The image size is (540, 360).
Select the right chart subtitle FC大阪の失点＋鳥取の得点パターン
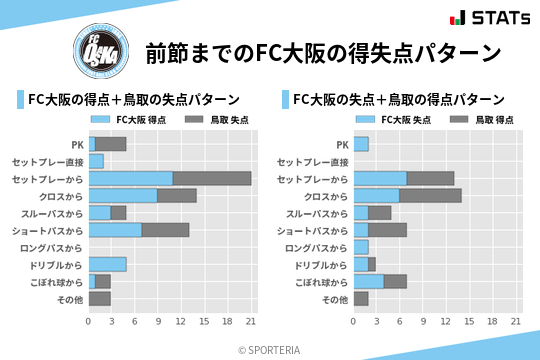pos(397,99)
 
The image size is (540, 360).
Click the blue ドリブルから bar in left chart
pos(107,264)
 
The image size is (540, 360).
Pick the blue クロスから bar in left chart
pos(123,195)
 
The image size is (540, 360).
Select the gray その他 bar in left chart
pos(99,299)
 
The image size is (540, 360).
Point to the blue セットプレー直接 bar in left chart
pos(96,161)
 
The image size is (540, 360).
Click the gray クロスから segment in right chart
pos(431,195)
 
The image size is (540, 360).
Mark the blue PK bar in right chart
pos(361,144)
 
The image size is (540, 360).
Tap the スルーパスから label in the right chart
pos(318,213)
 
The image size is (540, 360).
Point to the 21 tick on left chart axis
pos(251,321)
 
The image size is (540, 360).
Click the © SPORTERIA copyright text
pos(269,349)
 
